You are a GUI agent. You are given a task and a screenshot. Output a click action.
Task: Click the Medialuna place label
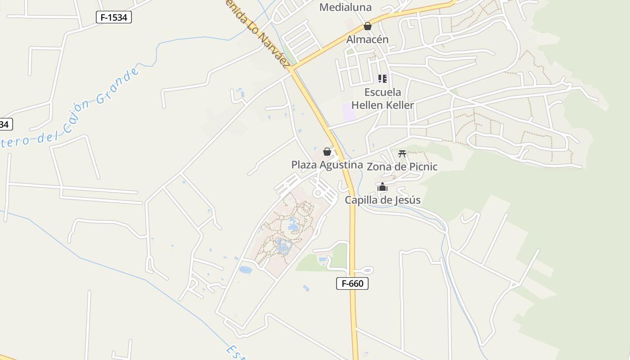pyautogui.click(x=346, y=7)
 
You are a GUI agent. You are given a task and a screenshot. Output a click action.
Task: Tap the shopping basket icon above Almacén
pyautogui.click(x=368, y=26)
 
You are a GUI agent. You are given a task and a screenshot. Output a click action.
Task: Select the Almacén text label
pyautogui.click(x=367, y=40)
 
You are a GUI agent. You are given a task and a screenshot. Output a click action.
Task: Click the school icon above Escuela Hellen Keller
pyautogui.click(x=382, y=79)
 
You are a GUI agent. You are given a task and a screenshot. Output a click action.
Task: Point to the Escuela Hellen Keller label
pyautogui.click(x=382, y=99)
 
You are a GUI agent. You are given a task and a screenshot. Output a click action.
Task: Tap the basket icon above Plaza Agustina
pyautogui.click(x=327, y=152)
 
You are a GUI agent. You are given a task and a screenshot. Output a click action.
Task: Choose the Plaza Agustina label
pyautogui.click(x=327, y=165)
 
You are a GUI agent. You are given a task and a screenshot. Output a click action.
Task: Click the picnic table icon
pyautogui.click(x=402, y=154)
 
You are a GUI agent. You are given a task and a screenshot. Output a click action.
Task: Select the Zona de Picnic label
pyautogui.click(x=402, y=166)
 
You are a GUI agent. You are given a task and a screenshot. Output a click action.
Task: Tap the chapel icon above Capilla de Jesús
pyautogui.click(x=382, y=187)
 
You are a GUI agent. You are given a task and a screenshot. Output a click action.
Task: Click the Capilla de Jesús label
pyautogui.click(x=382, y=200)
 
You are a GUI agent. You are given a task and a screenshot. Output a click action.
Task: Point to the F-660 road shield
pyautogui.click(x=352, y=283)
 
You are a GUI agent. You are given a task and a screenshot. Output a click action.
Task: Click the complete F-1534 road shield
pyautogui.click(x=114, y=18)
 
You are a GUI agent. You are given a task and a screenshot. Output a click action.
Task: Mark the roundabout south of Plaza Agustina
pyautogui.click(x=318, y=193)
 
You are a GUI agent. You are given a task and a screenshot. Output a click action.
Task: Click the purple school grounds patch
pyautogui.click(x=349, y=112)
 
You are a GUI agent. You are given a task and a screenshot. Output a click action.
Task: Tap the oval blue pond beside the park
pyautogui.click(x=245, y=270)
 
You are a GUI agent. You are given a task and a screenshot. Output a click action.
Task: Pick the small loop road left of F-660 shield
pyautogui.click(x=367, y=270)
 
